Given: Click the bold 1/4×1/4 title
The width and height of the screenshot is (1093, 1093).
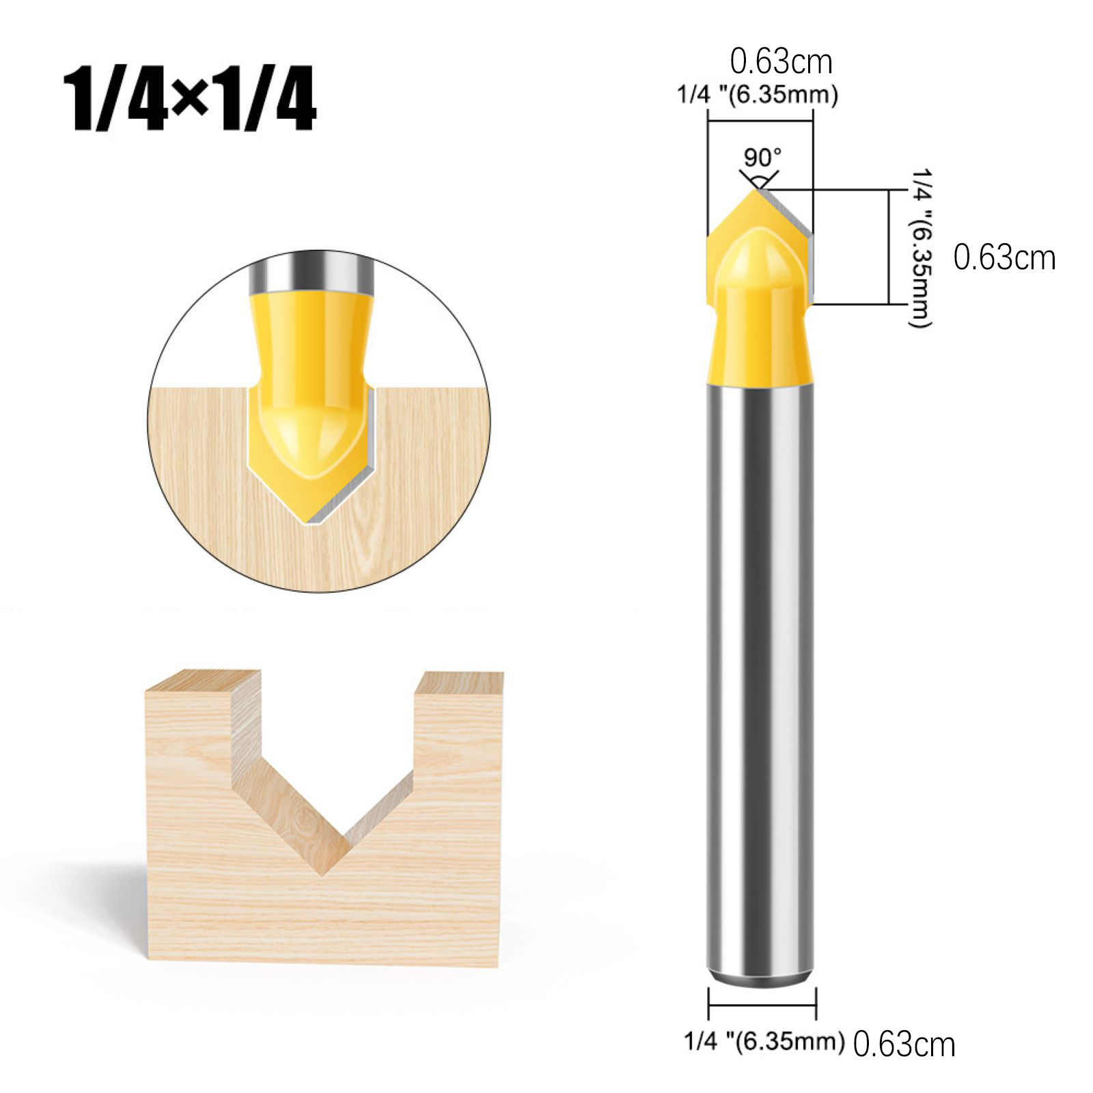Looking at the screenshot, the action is (x=190, y=98).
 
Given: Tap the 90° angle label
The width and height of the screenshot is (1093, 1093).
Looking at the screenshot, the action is (x=762, y=158).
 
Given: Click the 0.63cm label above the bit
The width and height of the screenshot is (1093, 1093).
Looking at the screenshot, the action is (x=781, y=62).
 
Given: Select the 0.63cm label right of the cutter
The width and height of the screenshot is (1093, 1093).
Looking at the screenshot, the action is (x=1004, y=258).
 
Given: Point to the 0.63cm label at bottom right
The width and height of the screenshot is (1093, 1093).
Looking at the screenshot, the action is (x=904, y=1044).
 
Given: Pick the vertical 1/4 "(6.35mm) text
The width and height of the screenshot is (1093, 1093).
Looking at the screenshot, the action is (x=921, y=248).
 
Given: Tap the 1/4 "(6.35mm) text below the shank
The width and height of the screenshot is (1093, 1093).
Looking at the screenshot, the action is (x=764, y=1041).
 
